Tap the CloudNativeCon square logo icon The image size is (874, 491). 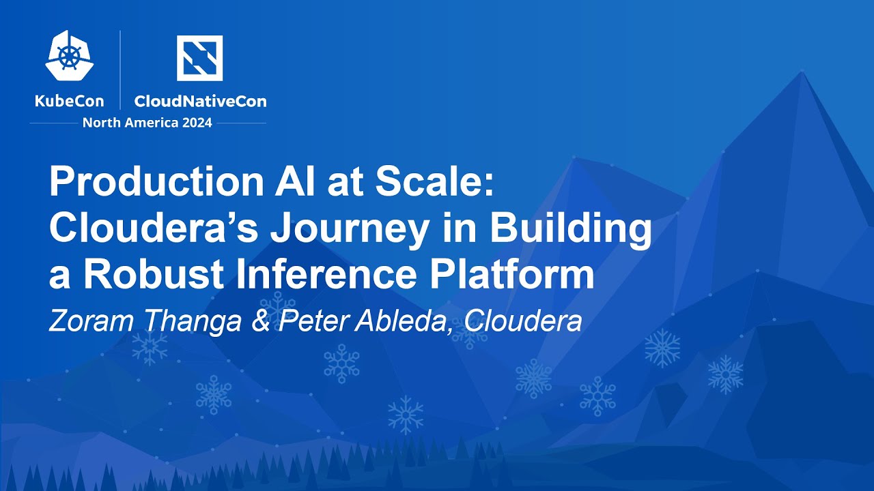(199, 58)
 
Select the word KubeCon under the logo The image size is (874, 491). (69, 102)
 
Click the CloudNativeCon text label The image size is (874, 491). (200, 102)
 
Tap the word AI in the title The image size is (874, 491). (289, 183)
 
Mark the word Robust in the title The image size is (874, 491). (146, 274)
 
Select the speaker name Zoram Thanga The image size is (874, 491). (145, 320)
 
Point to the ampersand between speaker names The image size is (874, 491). (260, 320)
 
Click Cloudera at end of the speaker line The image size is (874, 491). (520, 320)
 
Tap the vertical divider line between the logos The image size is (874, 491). (121, 70)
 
